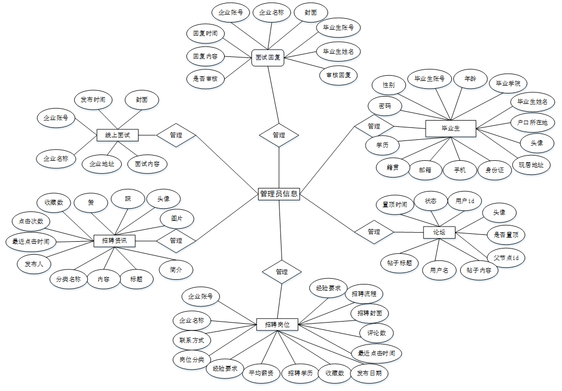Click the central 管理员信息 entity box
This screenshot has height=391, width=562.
pyautogui.click(x=279, y=194)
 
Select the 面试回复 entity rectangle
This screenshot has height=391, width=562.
pyautogui.click(x=268, y=57)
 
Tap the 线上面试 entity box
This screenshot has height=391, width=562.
pyautogui.click(x=118, y=135)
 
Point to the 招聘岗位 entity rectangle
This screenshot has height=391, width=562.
pyautogui.click(x=277, y=324)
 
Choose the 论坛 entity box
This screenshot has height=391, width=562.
pyautogui.click(x=439, y=232)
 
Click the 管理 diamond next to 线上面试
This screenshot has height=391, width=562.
pyautogui.click(x=176, y=135)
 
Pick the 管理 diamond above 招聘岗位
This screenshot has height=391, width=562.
pyautogui.click(x=282, y=272)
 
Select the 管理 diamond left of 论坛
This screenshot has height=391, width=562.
pyautogui.click(x=374, y=232)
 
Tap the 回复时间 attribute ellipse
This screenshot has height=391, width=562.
pyautogui.click(x=205, y=33)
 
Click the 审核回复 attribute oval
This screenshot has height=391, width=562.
pyautogui.click(x=338, y=75)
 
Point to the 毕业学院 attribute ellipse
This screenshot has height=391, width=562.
pyautogui.click(x=508, y=83)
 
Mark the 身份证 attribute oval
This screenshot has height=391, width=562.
pyautogui.click(x=495, y=170)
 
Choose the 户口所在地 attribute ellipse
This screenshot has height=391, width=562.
pyautogui.click(x=529, y=123)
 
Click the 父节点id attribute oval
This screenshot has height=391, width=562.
pyautogui.click(x=506, y=257)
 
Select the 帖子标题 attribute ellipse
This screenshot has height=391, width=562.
pyautogui.click(x=400, y=263)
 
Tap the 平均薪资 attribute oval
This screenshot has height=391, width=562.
pyautogui.click(x=261, y=373)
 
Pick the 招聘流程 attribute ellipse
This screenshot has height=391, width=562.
pyautogui.click(x=364, y=294)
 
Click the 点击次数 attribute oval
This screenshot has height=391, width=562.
pyautogui.click(x=31, y=221)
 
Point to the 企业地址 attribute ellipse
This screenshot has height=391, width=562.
pyautogui.click(x=102, y=164)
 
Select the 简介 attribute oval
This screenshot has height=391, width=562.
pyautogui.click(x=176, y=269)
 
